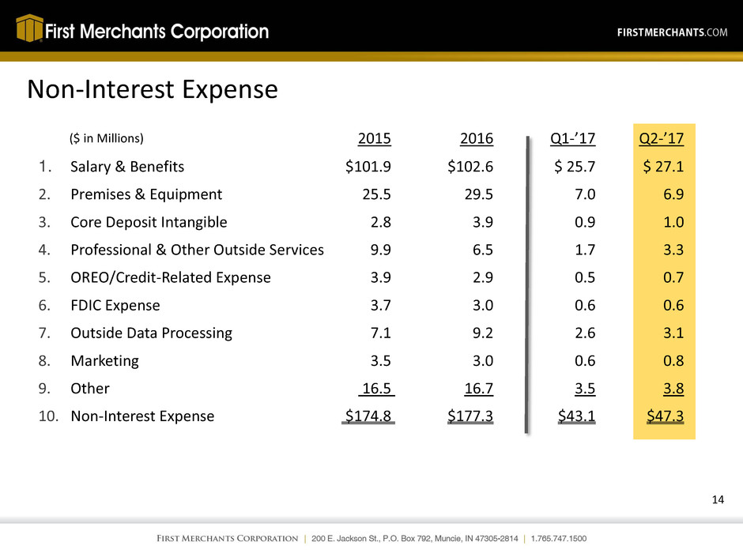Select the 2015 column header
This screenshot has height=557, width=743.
click(x=375, y=140)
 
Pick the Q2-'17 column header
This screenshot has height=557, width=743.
click(x=662, y=140)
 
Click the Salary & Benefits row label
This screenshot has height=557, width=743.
click(x=127, y=167)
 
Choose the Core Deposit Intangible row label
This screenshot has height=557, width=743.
click(x=149, y=222)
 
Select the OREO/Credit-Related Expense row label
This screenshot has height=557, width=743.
click(x=171, y=277)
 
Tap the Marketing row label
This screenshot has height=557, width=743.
click(x=104, y=360)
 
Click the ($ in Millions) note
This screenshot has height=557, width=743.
click(x=107, y=140)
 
